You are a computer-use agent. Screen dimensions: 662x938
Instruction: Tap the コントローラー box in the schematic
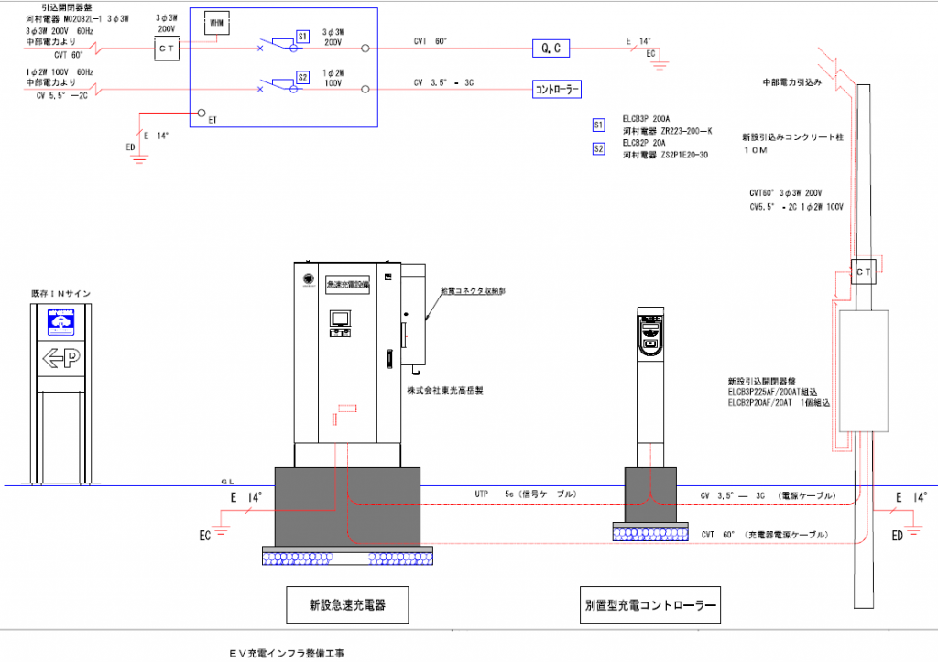(x=557, y=90)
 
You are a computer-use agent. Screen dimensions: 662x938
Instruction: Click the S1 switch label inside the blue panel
(x=303, y=36)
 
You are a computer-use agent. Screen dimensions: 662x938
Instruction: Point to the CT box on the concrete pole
(x=864, y=272)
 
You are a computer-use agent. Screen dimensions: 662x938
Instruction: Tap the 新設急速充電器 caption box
(x=346, y=604)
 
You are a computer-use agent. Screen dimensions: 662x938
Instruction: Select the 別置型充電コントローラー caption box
(x=649, y=604)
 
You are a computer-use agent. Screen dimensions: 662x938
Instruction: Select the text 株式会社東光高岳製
(x=445, y=390)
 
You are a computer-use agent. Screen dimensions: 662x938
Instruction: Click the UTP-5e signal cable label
(x=524, y=494)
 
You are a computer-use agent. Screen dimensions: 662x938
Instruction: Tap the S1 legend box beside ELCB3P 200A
(x=599, y=124)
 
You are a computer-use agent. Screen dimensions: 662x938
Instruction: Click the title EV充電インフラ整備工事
(x=288, y=654)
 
